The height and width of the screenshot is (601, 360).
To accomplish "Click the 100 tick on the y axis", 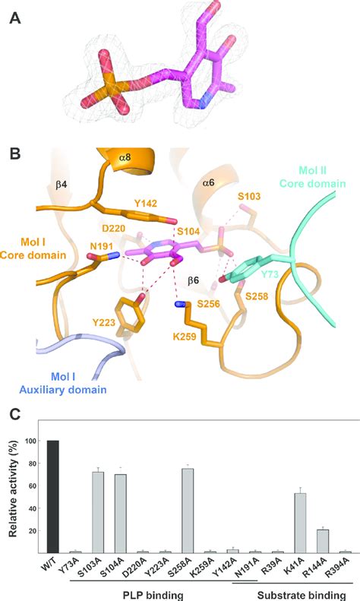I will pos(30,441).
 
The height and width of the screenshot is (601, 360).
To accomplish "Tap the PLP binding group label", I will pos(154,593).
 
